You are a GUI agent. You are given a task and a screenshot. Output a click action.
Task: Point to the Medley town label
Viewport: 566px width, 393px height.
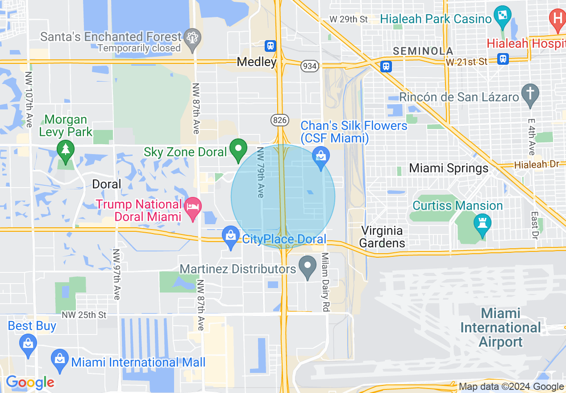(257, 62)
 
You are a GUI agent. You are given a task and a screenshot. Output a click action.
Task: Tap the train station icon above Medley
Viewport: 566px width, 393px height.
(271, 46)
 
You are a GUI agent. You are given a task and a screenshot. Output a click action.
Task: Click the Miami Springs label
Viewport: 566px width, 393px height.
(449, 168)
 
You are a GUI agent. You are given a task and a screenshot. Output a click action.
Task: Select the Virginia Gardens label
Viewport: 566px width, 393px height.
(382, 237)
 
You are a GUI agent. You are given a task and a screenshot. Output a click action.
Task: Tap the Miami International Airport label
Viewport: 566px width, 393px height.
(500, 328)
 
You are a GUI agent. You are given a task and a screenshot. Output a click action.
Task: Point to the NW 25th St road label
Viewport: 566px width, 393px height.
(84, 315)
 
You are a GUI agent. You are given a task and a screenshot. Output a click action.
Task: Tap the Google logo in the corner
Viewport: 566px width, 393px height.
(30, 382)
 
